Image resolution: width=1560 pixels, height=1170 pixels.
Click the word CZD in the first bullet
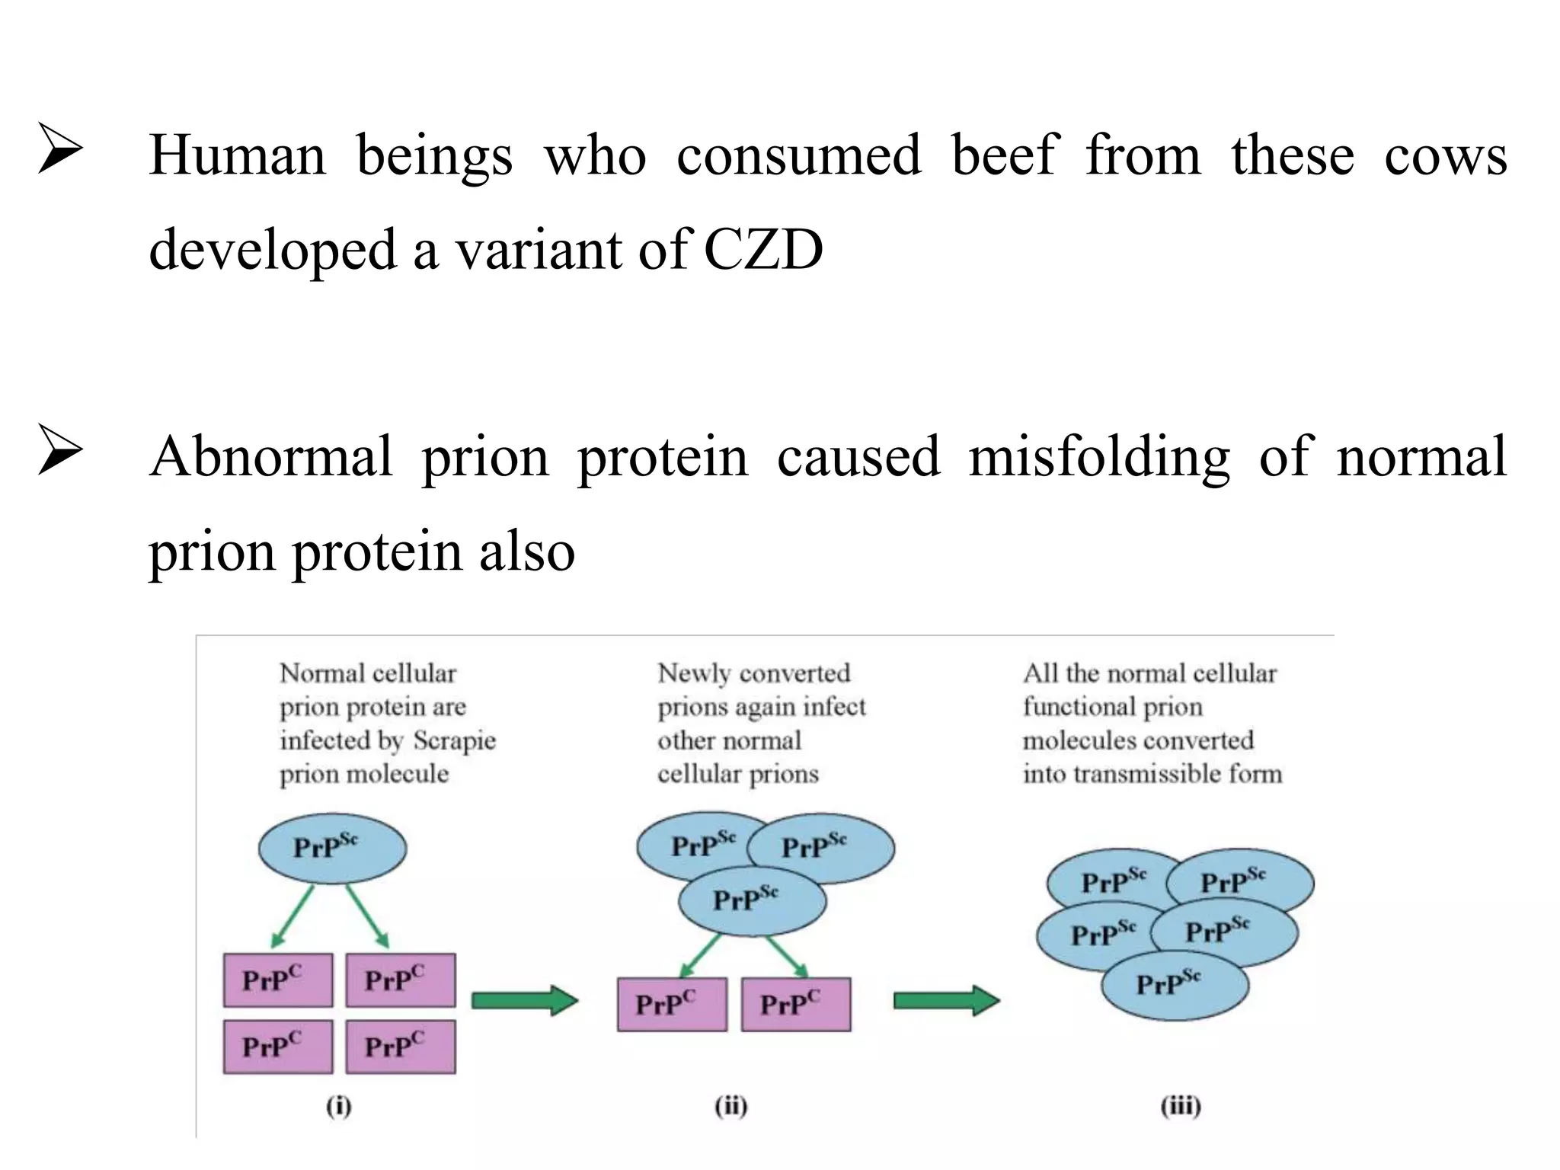click(763, 250)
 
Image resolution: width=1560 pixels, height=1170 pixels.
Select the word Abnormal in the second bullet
click(272, 456)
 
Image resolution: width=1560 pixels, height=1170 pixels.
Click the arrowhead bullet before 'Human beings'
click(60, 149)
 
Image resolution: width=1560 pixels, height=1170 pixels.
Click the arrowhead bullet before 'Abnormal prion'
click(60, 451)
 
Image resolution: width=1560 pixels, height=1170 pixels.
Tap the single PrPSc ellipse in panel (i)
click(332, 848)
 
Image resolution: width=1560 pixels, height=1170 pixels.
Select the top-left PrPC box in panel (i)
click(278, 980)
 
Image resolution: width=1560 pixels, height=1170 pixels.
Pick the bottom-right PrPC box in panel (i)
click(400, 1047)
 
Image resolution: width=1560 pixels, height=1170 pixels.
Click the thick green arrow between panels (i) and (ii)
click(525, 1000)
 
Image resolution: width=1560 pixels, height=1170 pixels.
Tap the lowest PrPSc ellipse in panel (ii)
click(752, 900)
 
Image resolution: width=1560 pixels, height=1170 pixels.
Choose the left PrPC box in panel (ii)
click(672, 1004)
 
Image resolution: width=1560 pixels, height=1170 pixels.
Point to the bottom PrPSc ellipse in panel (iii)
click(1175, 985)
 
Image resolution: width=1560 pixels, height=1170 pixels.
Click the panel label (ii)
click(731, 1105)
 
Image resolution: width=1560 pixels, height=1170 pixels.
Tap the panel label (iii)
click(1180, 1105)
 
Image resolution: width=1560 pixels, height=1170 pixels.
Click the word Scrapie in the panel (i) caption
click(455, 740)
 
